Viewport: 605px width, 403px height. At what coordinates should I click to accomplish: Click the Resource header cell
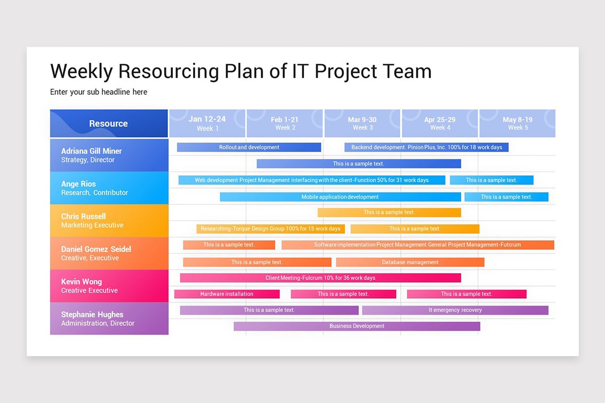click(108, 123)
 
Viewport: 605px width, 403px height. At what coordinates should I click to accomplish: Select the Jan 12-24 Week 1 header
click(207, 123)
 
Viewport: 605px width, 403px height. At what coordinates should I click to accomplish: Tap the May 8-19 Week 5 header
click(517, 123)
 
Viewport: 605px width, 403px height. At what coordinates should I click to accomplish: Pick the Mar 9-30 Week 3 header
click(362, 123)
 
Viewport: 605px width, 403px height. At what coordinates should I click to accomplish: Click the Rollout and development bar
click(249, 147)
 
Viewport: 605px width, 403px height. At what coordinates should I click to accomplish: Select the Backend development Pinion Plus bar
click(426, 147)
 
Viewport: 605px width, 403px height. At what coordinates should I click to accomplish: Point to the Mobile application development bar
click(340, 196)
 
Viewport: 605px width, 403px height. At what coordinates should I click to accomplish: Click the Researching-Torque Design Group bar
click(270, 229)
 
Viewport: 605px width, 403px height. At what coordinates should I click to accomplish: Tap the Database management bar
click(410, 262)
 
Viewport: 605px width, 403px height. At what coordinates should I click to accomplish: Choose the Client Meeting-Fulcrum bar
click(320, 278)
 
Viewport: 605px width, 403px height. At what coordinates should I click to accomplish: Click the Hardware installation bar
click(227, 294)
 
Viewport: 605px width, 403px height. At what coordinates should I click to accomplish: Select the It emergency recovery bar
click(455, 310)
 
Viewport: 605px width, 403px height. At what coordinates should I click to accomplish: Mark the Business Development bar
click(356, 326)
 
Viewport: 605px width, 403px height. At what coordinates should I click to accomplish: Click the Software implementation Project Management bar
click(417, 245)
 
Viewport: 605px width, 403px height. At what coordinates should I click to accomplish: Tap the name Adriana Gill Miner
click(91, 151)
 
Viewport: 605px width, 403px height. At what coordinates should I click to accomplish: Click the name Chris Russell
click(83, 216)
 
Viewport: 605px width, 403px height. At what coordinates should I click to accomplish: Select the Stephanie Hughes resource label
click(92, 314)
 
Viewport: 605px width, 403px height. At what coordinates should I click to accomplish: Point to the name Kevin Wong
click(81, 282)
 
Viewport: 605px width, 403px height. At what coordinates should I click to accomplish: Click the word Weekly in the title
click(81, 71)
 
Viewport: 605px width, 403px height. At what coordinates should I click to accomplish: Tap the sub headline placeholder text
click(98, 92)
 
